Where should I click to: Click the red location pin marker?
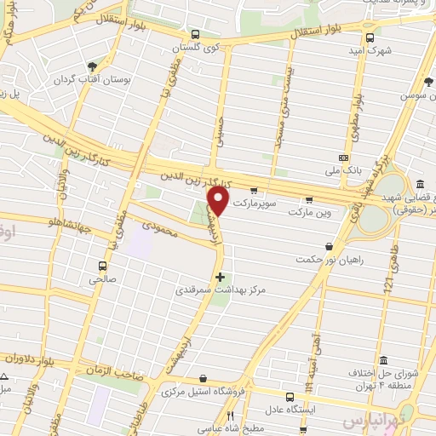tap(218, 201)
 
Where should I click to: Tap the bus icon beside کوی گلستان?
tap(195, 35)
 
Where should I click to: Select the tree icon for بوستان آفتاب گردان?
tap(92, 65)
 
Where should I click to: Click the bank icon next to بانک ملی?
tap(343, 158)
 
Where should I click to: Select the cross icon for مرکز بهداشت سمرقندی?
tap(221, 276)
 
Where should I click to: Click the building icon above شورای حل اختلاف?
tap(383, 359)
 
